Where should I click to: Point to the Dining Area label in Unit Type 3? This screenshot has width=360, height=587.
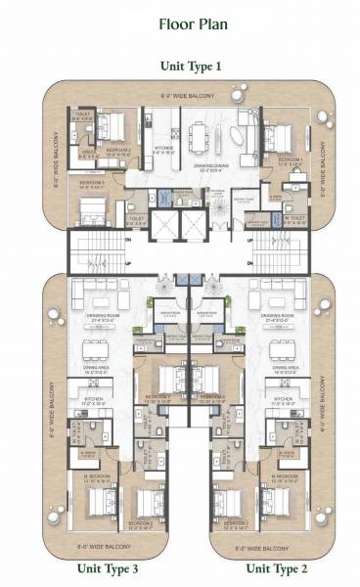(97, 371)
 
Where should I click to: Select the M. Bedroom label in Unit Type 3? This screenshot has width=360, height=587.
(98, 477)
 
